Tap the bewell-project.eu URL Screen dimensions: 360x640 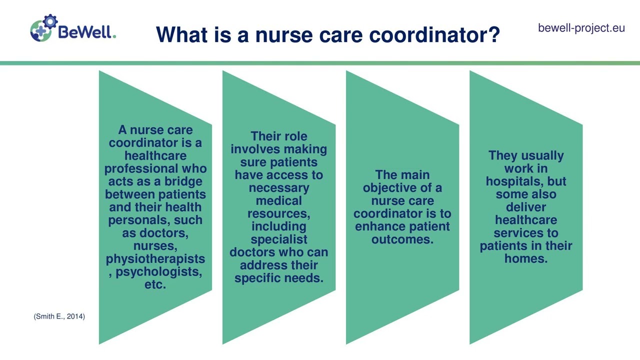point(581,28)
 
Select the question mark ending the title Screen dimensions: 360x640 point(493,35)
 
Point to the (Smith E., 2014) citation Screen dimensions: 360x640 point(59,316)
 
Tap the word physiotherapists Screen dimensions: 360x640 point(155,259)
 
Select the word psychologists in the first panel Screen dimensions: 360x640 point(159,272)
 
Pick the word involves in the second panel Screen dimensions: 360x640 point(256,149)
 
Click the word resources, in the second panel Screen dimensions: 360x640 point(278,213)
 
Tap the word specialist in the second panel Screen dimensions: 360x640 point(278,239)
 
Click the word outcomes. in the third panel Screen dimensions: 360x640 point(402,239)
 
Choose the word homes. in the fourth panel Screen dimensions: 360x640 point(525,258)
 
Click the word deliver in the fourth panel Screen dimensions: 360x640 point(525,207)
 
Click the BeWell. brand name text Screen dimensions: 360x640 point(87,32)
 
